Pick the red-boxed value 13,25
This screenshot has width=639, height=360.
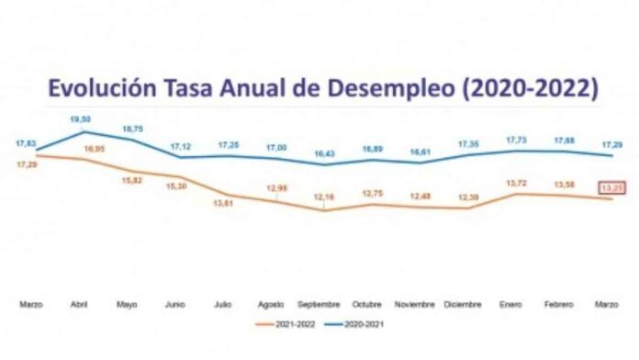coord(612,187)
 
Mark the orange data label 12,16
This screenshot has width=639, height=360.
coord(323,197)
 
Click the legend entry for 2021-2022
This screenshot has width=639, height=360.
coord(284,323)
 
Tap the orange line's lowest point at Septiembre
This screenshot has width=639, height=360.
coord(323,210)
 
